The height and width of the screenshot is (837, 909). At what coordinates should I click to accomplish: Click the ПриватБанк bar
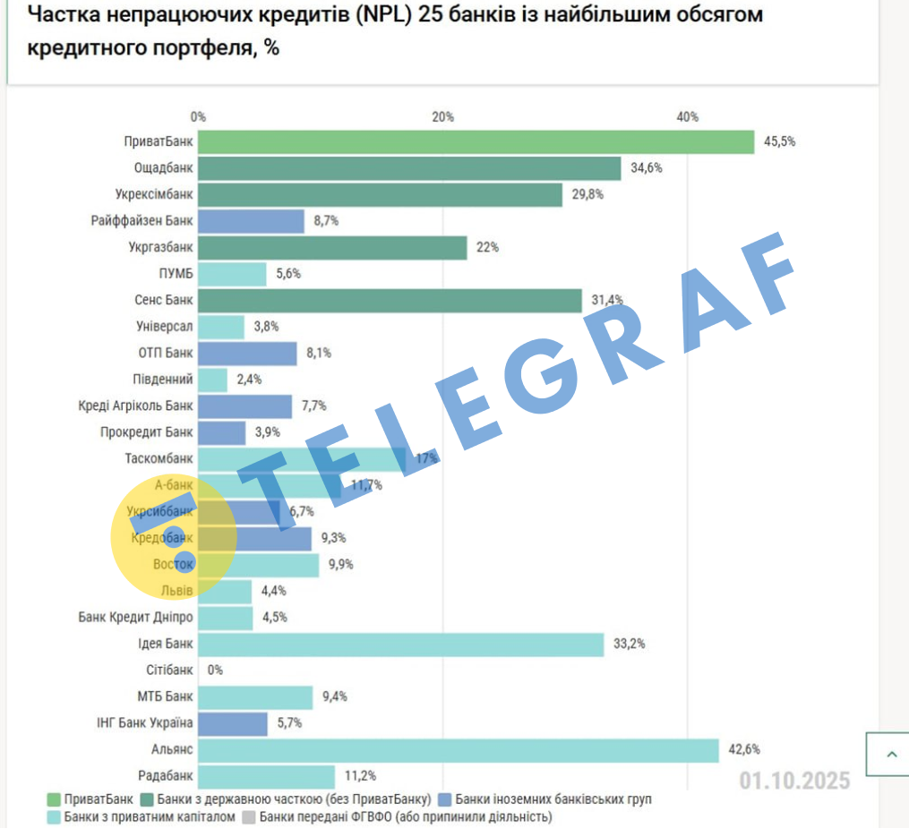click(476, 142)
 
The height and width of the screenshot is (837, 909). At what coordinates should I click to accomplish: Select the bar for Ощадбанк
click(409, 168)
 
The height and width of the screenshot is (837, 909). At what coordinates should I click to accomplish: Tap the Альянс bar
click(458, 750)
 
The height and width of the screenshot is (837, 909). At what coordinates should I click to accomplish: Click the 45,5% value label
click(779, 141)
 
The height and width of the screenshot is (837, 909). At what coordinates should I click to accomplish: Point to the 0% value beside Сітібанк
click(215, 670)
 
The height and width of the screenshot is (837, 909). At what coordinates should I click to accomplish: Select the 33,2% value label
click(629, 644)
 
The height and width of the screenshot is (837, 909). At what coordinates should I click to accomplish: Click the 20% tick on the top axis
click(442, 117)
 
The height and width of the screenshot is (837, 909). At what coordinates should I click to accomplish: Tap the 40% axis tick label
click(687, 117)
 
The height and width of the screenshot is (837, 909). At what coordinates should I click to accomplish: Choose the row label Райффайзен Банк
click(141, 221)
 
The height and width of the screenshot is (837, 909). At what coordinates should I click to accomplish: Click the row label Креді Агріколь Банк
click(135, 406)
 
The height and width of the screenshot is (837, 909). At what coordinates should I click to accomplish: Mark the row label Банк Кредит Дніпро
click(135, 618)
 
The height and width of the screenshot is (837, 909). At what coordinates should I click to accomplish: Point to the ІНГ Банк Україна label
click(144, 723)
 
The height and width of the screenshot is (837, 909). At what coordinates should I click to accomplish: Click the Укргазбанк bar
click(332, 248)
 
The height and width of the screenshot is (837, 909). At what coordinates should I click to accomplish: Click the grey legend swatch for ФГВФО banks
click(250, 817)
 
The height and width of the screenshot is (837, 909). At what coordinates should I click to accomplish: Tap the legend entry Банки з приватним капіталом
click(150, 817)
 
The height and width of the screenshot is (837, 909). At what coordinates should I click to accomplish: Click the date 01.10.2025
click(794, 781)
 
